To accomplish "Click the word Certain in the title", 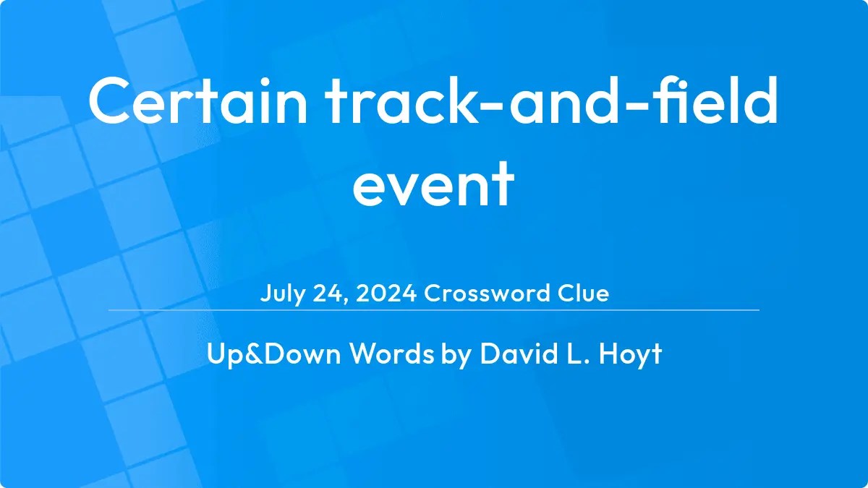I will click(197, 103).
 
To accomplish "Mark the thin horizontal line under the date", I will click(434, 309).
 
